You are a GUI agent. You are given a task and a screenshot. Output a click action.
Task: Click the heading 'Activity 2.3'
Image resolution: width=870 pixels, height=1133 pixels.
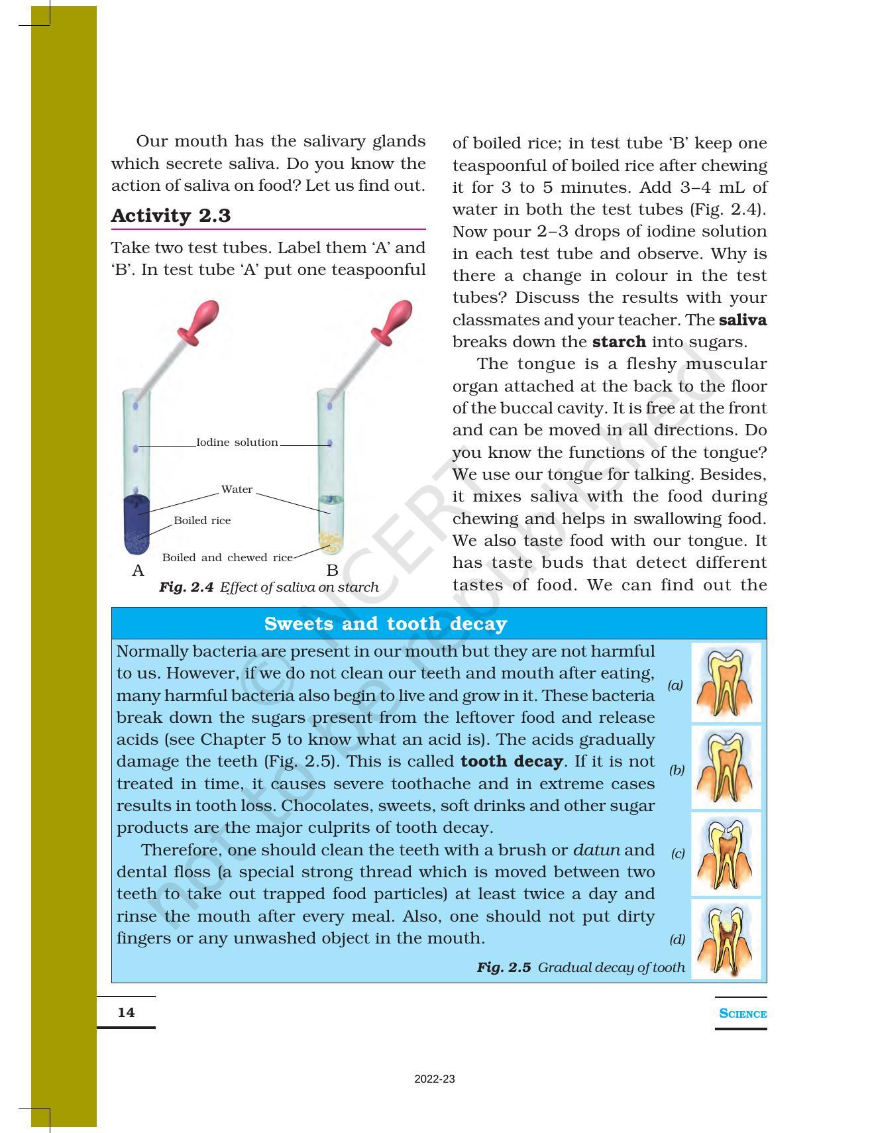[x=171, y=216]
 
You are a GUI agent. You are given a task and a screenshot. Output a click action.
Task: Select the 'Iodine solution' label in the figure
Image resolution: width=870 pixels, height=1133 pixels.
[x=237, y=443]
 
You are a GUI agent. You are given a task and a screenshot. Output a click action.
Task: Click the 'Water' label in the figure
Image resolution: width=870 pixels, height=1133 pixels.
[x=237, y=490]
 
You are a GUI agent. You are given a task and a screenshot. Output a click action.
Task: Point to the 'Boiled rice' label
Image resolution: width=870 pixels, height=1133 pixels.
[x=202, y=521]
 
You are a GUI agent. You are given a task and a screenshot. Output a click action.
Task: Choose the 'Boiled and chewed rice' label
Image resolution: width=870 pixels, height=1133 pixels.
[x=227, y=558]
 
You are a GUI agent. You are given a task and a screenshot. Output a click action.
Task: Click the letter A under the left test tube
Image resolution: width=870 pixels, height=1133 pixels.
[x=138, y=571]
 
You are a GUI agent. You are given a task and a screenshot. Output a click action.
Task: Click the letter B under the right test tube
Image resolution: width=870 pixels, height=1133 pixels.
[x=333, y=571]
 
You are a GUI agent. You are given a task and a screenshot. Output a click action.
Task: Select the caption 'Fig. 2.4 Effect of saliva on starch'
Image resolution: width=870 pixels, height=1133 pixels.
[x=269, y=588]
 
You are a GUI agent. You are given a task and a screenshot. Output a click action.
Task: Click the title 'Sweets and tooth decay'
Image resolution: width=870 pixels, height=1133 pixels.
[x=385, y=624]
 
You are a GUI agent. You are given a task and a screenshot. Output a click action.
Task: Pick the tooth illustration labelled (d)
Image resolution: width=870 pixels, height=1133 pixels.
[x=726, y=939]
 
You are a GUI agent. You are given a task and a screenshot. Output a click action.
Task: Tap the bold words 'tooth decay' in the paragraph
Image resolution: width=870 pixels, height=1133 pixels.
[x=512, y=762]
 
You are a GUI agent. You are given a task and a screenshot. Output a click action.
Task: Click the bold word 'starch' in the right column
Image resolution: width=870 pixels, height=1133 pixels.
[x=619, y=343]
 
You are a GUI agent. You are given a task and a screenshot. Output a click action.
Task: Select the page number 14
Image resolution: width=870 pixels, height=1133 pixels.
[x=126, y=1012]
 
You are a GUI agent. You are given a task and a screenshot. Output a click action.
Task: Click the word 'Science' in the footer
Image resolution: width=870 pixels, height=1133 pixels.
[x=743, y=1014]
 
